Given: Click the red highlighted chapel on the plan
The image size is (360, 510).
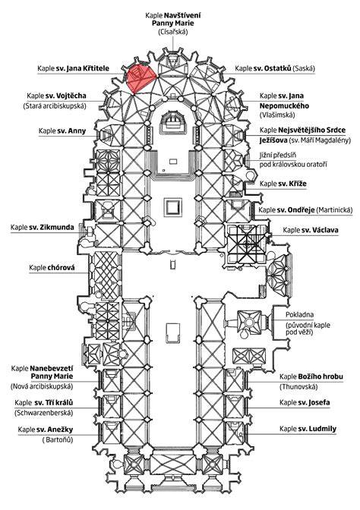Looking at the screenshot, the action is tap(140, 79).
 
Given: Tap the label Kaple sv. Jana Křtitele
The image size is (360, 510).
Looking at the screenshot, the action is tap(73, 68).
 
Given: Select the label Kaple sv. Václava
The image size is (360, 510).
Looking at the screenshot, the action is tap(311, 230).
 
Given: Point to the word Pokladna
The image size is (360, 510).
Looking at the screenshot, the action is tap(300, 314).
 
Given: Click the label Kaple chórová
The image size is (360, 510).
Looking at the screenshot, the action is tap(52, 268).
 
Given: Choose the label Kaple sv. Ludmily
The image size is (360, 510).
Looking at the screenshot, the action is tap(308, 429).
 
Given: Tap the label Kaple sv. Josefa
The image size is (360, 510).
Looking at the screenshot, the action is tap(305, 402).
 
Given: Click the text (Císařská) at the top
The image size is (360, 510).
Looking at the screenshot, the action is tap(173, 32).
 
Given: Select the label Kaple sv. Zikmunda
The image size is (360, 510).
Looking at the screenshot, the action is tap(43, 227).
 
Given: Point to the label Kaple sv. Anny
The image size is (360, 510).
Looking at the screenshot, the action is tap(62, 131).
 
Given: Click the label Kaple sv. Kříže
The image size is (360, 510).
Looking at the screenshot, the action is tap(283, 184).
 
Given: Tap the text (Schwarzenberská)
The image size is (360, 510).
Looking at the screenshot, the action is tap(43, 413).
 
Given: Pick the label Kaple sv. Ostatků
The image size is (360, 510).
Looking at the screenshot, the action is tap(275, 68).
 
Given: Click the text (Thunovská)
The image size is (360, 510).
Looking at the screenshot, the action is tap(298, 387).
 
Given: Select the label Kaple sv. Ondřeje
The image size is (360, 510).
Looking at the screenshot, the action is tap(305, 209).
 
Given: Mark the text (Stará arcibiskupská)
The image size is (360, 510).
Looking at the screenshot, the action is tap(55, 106).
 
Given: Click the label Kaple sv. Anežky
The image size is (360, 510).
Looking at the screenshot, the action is tap(46, 430).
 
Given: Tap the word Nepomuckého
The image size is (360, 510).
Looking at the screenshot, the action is tap(285, 106).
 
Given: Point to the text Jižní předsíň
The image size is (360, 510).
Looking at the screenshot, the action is tap(278, 156).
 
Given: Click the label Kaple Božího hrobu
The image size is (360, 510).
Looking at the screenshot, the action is tap(311, 376).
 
